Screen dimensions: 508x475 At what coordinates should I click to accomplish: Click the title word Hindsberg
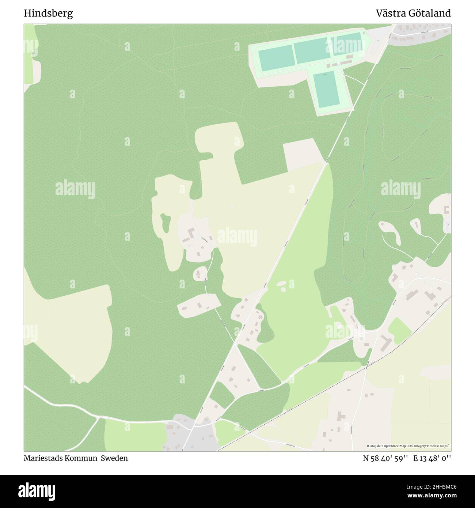[x=48, y=14]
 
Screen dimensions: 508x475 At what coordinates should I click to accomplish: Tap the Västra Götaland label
[x=413, y=14]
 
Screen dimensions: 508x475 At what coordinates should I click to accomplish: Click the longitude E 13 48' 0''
[x=432, y=458]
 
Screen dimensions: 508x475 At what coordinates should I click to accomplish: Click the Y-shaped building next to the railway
[x=385, y=342]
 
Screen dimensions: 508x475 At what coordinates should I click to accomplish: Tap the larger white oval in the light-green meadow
[x=282, y=283]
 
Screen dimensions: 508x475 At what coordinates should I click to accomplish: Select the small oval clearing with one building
[x=200, y=273]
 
